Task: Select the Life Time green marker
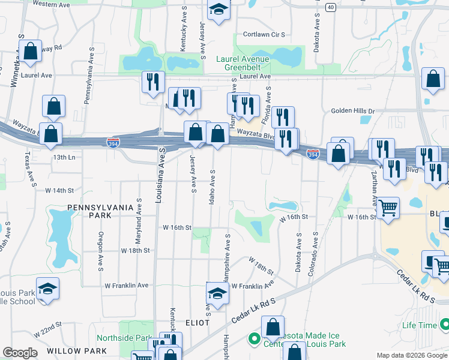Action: pos(444,325)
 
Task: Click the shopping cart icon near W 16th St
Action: pos(388,209)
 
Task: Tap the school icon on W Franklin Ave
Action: pos(217,293)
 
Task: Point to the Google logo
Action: pos(20,353)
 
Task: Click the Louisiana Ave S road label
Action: pos(160,174)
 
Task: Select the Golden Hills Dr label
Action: pos(352,111)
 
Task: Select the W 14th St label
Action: pos(59,190)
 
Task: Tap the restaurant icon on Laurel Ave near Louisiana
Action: pos(152,82)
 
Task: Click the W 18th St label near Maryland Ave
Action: pos(134,250)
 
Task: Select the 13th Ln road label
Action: pos(64,157)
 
